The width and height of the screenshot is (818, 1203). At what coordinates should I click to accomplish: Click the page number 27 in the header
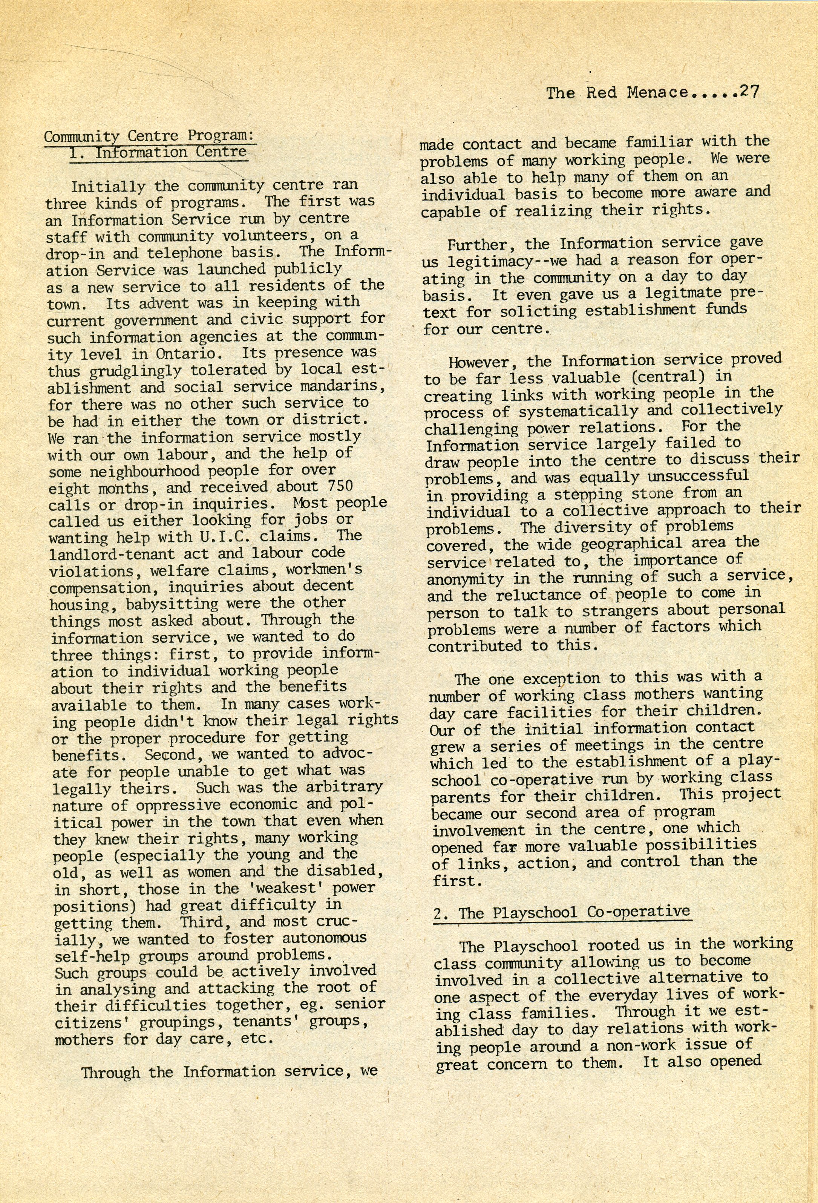point(749,92)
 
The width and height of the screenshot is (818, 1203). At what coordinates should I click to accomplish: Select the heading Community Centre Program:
point(149,136)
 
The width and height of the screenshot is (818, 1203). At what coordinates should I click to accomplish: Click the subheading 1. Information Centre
point(158,153)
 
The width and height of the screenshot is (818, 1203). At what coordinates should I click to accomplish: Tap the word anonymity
point(464,579)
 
